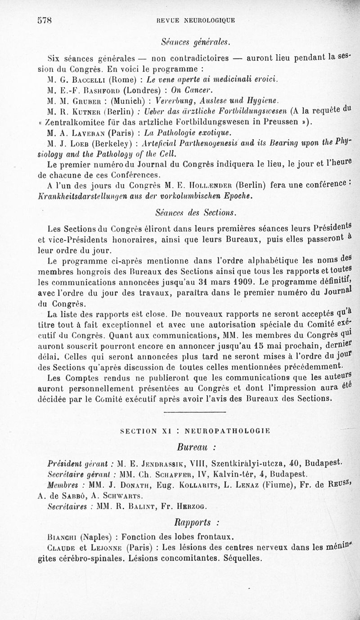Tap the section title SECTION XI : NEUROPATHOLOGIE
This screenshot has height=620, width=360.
click(195, 431)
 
